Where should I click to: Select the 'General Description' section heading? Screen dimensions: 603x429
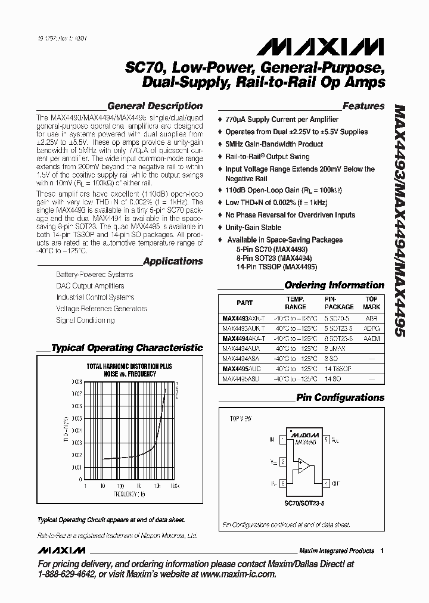click(x=154, y=106)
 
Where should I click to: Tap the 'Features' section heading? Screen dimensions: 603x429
click(x=363, y=106)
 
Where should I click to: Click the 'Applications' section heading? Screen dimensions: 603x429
click(x=173, y=261)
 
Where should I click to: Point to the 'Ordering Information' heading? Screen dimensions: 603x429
click(x=342, y=285)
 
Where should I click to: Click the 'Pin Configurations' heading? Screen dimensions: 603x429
click(x=340, y=397)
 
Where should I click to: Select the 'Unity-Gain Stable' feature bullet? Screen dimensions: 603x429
click(x=253, y=228)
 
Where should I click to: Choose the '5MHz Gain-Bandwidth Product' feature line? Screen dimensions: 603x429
click(x=274, y=144)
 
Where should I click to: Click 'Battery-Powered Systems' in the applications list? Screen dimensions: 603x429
click(x=94, y=275)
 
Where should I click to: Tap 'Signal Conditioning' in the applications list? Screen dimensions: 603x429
click(x=85, y=320)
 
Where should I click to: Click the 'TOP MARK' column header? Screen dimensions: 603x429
click(x=371, y=303)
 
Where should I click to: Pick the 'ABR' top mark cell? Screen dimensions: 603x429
click(x=371, y=319)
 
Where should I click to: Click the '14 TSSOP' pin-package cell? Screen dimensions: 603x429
click(x=338, y=369)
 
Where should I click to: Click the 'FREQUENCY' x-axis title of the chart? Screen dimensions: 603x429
click(x=126, y=495)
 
